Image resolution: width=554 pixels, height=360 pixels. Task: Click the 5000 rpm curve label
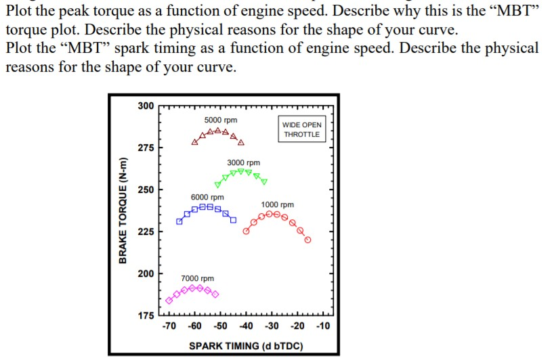pos(220,120)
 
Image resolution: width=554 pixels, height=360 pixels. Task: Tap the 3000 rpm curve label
pos(243,163)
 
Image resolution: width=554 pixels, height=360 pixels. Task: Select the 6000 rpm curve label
pos(207,197)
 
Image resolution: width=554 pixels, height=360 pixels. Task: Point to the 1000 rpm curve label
pos(278,204)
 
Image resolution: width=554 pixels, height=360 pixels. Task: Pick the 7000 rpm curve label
pos(197,278)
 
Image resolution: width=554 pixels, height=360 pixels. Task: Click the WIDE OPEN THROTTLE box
pos(302,129)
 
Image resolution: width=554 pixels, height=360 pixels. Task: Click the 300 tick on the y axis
pos(146,106)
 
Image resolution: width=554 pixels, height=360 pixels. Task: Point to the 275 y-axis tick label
pos(146,148)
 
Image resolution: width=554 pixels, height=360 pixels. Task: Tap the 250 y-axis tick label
pos(146,189)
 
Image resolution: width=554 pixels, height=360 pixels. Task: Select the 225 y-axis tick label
pos(146,231)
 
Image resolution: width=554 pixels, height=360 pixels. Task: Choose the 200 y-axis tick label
pos(146,273)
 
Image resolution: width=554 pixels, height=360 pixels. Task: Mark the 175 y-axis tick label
pos(146,315)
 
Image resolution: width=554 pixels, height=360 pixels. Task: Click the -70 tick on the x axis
pos(169,326)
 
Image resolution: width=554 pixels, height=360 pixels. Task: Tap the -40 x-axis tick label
pos(247,326)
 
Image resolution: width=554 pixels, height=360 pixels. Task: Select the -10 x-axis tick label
pos(323,326)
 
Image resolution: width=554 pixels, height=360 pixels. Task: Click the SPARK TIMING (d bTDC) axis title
pos(245,346)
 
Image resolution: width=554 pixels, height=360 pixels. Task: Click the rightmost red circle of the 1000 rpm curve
pos(308,240)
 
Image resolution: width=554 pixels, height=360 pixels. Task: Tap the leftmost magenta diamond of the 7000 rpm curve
pos(169,300)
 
